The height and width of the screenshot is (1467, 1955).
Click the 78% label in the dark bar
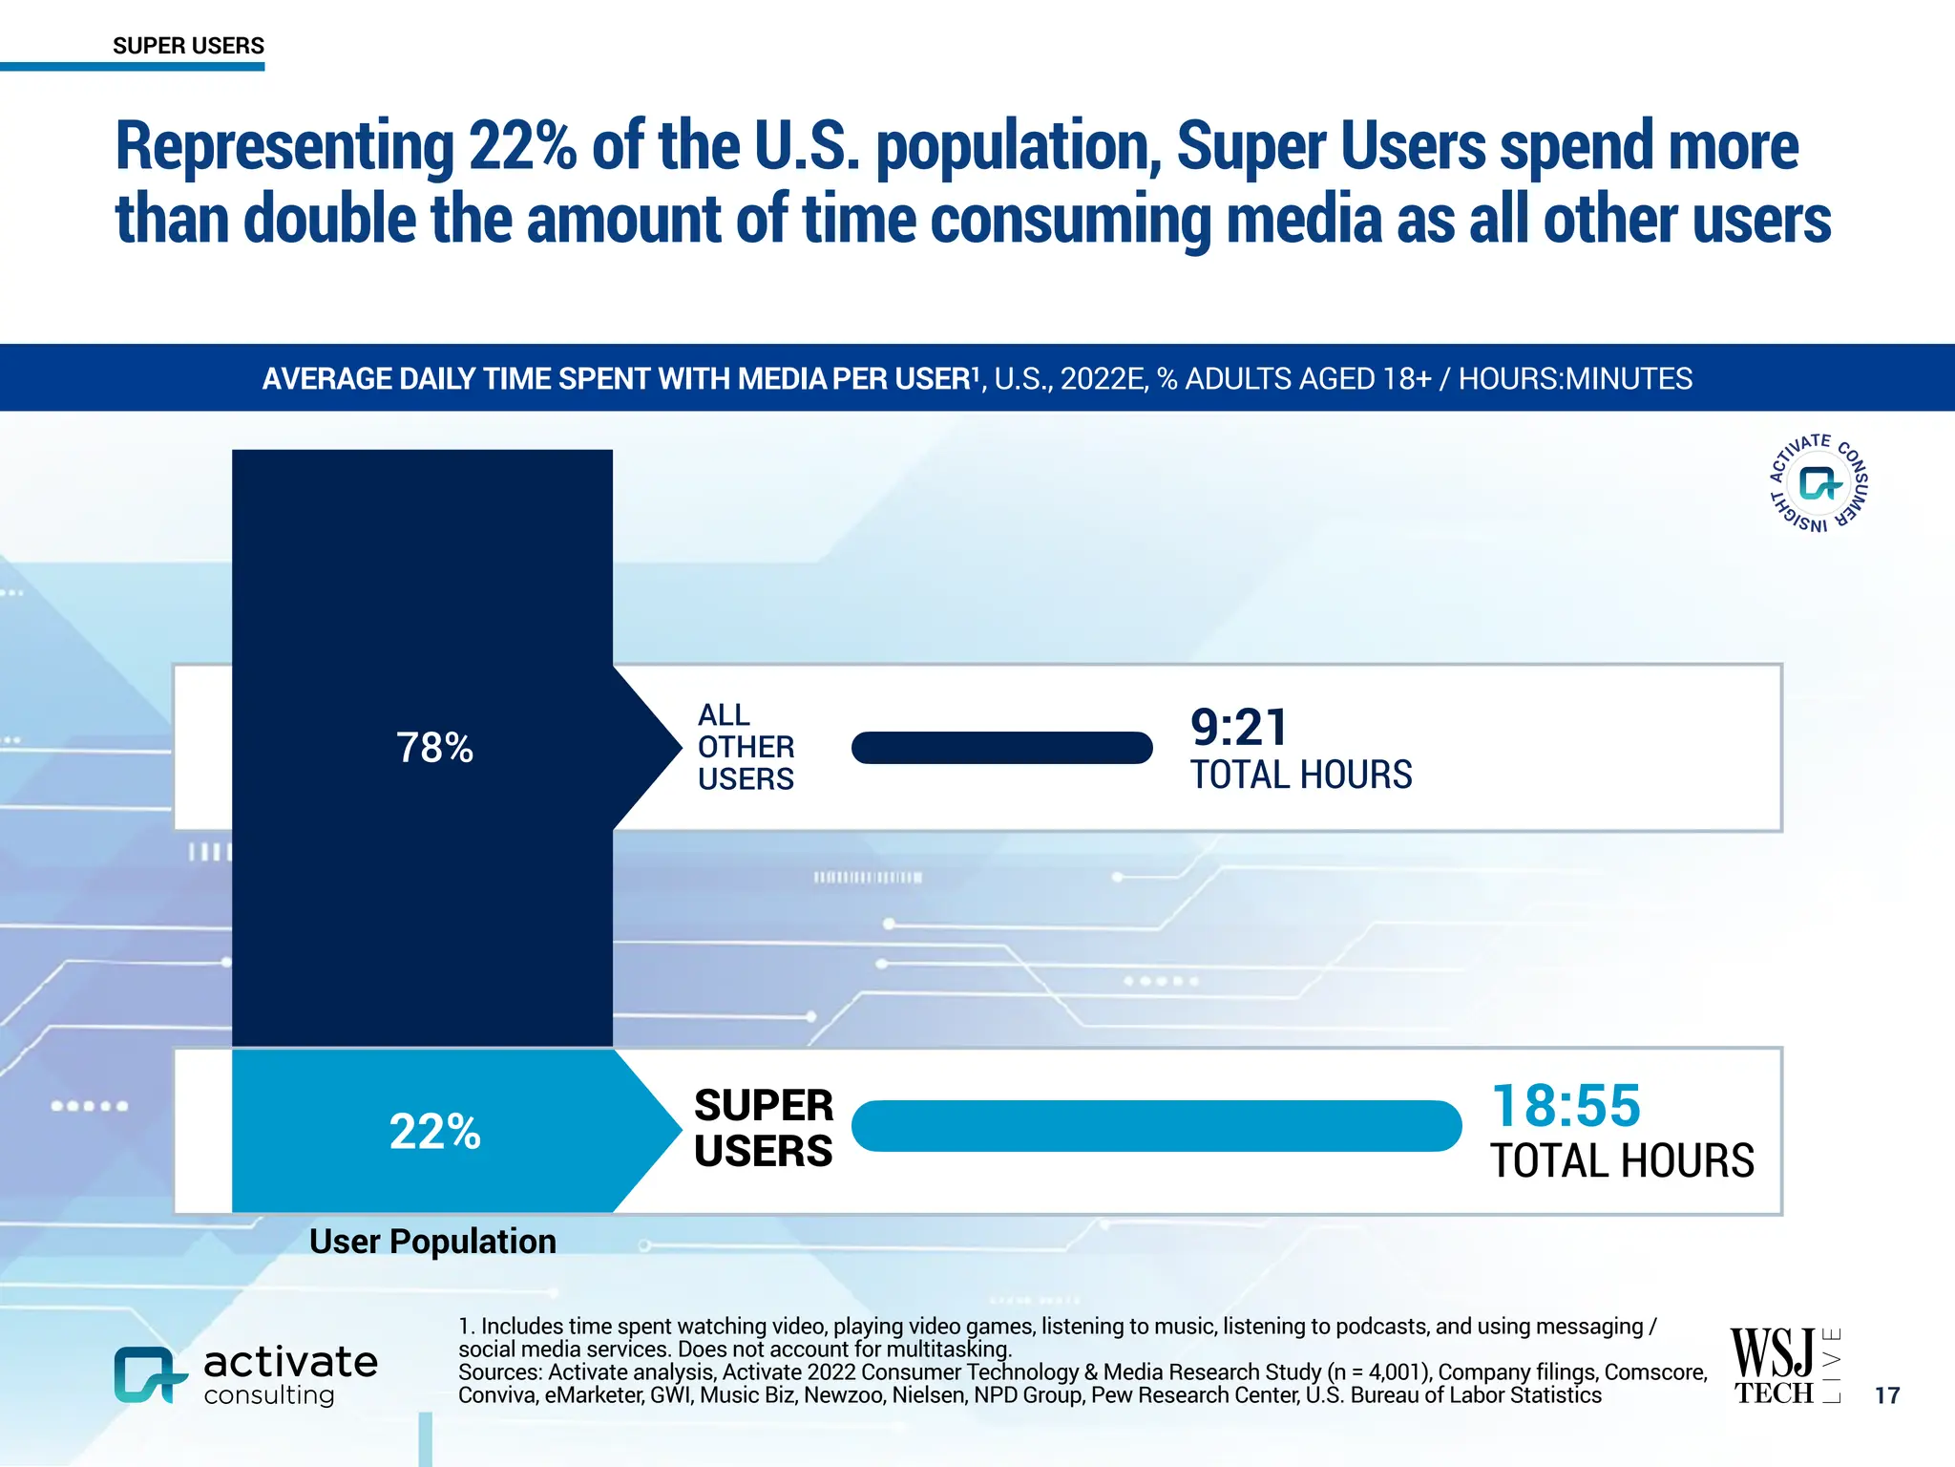[434, 748]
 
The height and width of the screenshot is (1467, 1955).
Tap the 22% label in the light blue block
[434, 1132]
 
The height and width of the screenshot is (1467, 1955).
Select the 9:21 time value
[1239, 728]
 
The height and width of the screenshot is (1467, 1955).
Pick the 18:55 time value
[1566, 1106]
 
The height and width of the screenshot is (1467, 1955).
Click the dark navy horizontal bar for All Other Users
[1001, 748]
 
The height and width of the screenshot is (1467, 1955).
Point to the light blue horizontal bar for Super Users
[1156, 1126]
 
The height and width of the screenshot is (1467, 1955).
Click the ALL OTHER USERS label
[746, 747]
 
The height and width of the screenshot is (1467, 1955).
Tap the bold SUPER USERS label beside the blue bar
[763, 1128]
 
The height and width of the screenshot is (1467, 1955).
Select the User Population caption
[432, 1242]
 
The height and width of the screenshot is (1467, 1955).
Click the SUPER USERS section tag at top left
[188, 46]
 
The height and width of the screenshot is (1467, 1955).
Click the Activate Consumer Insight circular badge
[1818, 482]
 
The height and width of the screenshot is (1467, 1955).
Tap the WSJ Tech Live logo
[1784, 1366]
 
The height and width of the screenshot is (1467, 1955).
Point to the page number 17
[1887, 1395]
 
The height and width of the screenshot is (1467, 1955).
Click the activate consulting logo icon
[148, 1375]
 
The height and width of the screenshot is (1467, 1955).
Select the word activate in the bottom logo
[290, 1362]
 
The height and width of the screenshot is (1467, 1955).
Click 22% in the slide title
[522, 147]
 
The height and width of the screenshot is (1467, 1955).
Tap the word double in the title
[329, 220]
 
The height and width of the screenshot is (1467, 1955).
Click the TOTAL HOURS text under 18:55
[1622, 1161]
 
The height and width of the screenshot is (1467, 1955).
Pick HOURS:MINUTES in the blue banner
[1575, 379]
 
